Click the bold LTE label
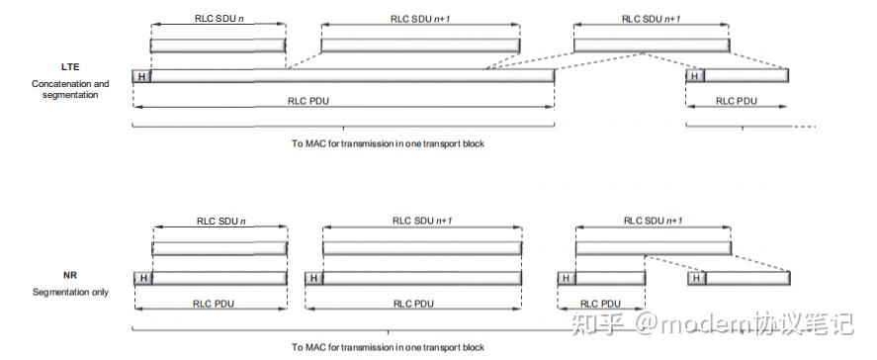[x=69, y=65]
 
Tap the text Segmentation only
[x=70, y=292]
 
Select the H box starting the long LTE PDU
[x=141, y=76]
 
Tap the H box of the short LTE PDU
[x=695, y=76]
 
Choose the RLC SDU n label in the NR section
[x=219, y=221]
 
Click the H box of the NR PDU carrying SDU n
[x=143, y=279]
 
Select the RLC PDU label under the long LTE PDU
[x=342, y=100]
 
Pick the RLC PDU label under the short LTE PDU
[x=737, y=100]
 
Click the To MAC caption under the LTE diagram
[x=387, y=143]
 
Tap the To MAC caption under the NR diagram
[x=388, y=347]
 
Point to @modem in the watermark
[x=691, y=323]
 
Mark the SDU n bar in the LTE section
[x=218, y=45]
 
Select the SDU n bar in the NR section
[x=219, y=248]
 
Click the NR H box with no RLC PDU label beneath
[x=696, y=279]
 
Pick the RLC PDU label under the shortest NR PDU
[x=600, y=303]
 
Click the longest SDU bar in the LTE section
[x=420, y=45]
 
